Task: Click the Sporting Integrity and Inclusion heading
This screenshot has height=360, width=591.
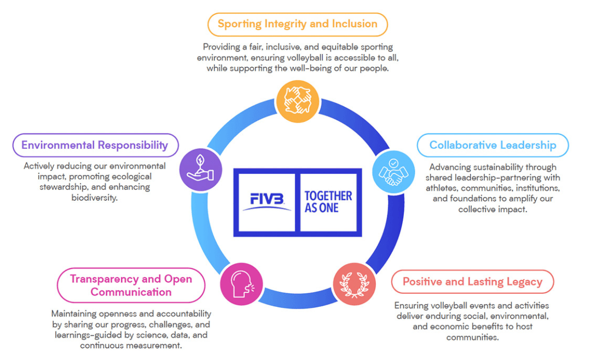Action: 297,24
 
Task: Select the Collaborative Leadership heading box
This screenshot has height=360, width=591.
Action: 493,145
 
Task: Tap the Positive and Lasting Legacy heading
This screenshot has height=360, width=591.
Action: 472,282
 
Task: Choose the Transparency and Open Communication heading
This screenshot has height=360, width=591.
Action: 131,285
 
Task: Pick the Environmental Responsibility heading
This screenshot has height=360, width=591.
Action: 95,145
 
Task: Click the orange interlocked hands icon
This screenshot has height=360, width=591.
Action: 297,101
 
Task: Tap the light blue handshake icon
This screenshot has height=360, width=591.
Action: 394,171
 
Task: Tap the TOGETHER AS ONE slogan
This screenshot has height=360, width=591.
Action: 328,202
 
